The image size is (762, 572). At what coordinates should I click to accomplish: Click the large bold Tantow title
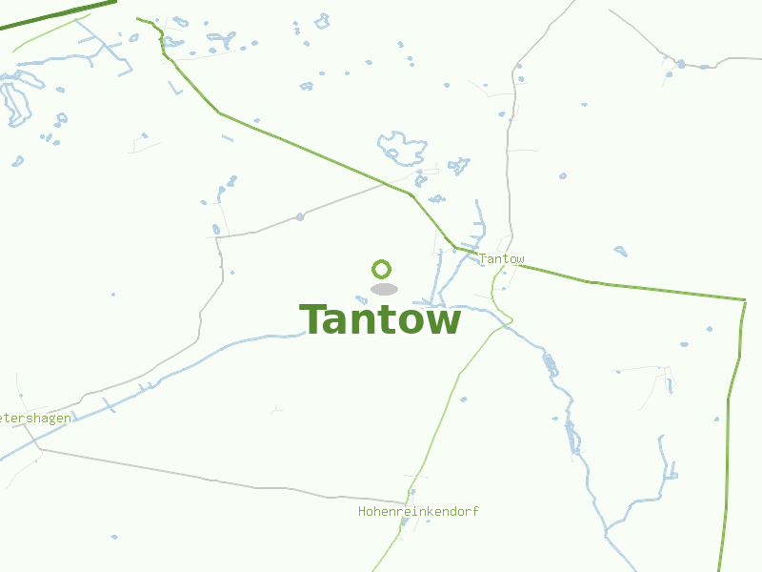(x=380, y=320)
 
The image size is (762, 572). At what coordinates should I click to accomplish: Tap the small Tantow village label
(x=501, y=259)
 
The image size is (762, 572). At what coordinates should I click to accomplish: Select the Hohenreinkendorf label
(x=418, y=512)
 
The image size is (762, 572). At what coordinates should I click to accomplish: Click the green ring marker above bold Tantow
(x=382, y=269)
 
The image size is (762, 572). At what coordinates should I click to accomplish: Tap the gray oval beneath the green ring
(x=383, y=289)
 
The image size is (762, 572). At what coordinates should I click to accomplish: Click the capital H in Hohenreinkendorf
(x=362, y=512)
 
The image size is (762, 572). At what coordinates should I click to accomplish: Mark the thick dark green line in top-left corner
(x=57, y=14)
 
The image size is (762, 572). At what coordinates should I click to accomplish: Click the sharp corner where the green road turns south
(x=744, y=300)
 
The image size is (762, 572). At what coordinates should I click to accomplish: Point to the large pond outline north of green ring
(x=402, y=147)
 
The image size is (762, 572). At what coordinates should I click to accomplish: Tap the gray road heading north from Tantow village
(x=514, y=143)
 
